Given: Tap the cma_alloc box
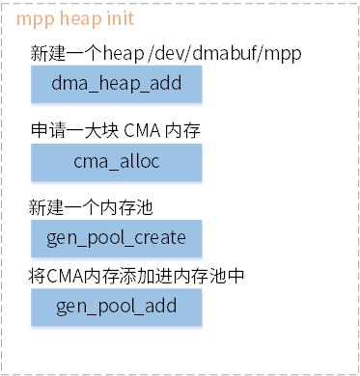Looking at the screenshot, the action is tap(117, 162).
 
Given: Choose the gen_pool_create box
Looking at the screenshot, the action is tap(117, 236).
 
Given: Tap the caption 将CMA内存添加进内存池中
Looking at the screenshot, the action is tap(136, 278).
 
